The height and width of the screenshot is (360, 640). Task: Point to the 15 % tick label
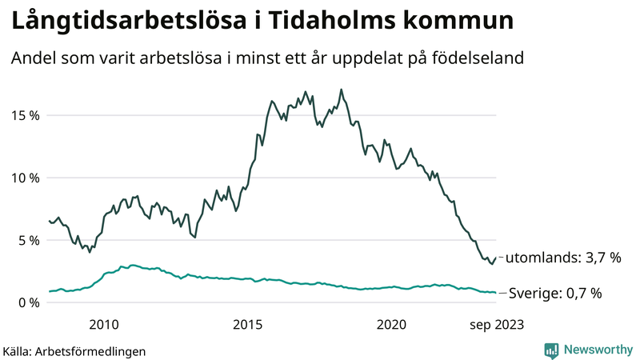pyautogui.click(x=25, y=115)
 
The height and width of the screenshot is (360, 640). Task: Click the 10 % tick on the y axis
pyautogui.click(x=25, y=178)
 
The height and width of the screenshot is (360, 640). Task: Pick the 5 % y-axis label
pyautogui.click(x=28, y=240)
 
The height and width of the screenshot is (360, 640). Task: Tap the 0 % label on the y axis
pyautogui.click(x=28, y=302)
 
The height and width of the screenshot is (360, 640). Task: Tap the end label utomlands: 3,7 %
pyautogui.click(x=563, y=258)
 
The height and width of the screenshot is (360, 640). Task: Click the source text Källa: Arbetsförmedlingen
pyautogui.click(x=74, y=351)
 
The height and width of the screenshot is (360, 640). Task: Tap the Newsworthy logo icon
pyautogui.click(x=551, y=350)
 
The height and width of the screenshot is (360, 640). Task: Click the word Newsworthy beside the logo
pyautogui.click(x=598, y=350)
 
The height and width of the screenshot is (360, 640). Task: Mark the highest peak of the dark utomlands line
pyautogui.click(x=342, y=90)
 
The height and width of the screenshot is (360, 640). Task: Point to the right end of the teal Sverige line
pyautogui.click(x=496, y=293)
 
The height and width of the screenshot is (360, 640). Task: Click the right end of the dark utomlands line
pyautogui.click(x=496, y=258)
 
